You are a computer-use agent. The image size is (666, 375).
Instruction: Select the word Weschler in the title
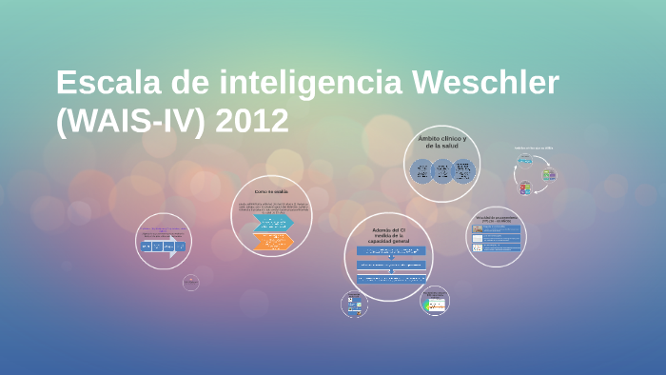485,84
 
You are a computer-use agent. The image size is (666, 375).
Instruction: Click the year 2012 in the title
251,121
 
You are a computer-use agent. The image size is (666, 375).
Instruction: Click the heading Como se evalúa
271,192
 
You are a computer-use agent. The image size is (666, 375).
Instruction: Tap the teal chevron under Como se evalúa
272,224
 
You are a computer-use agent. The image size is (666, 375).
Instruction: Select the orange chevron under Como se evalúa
272,241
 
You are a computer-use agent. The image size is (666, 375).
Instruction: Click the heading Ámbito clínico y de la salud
441,142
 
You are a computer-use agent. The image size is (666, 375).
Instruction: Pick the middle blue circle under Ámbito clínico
441,170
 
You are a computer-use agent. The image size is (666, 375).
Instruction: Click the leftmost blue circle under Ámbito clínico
421,170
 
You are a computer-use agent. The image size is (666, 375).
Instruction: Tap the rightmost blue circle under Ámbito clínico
463,170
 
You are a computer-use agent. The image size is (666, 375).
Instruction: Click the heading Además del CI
387,235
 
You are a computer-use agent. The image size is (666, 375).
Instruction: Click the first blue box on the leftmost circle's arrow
147,247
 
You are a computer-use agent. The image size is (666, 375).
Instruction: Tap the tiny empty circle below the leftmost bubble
191,283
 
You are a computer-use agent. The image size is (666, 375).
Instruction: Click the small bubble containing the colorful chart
435,303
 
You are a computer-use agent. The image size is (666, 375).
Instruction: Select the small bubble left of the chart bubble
354,305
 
